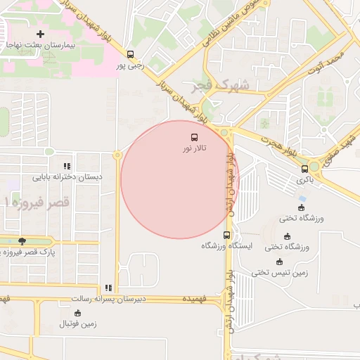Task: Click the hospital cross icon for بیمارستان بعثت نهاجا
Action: (x=40, y=34)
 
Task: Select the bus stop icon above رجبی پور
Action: (x=130, y=55)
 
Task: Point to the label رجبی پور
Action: (x=130, y=66)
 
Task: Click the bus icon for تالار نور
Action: (x=194, y=137)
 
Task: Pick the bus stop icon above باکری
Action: (x=304, y=169)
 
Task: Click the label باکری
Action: (x=304, y=180)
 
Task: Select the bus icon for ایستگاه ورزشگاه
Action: (x=226, y=235)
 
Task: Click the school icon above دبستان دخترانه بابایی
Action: (x=67, y=165)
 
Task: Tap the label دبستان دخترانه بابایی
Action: (x=67, y=176)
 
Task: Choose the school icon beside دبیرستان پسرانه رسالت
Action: (x=108, y=288)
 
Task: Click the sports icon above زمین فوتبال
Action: (x=78, y=312)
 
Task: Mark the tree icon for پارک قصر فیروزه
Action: (x=23, y=240)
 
